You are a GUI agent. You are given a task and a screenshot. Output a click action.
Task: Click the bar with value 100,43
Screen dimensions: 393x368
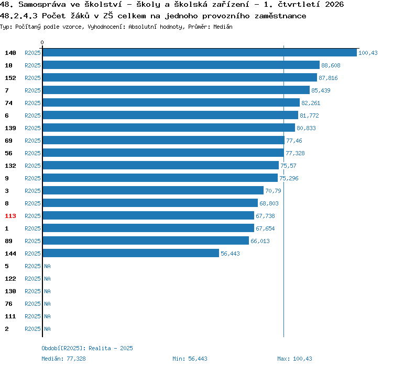[200, 52]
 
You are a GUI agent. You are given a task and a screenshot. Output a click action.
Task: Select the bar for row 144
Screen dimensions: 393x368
[131, 253]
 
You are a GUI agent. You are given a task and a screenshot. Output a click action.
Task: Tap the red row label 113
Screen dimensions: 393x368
[10, 216]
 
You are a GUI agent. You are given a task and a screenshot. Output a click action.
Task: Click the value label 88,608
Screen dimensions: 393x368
[331, 65]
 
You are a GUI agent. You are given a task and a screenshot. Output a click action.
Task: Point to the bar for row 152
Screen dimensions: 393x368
[180, 77]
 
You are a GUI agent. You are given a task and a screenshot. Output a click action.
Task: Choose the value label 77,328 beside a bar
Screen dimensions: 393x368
[295, 153]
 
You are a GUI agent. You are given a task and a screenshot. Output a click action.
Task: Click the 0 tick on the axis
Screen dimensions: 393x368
[42, 42]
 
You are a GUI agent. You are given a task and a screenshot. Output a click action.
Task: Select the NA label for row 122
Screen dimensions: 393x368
[47, 279]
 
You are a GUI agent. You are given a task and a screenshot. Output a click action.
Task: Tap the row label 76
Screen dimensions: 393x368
[8, 304]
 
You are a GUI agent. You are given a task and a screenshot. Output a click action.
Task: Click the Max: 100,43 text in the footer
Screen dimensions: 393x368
[294, 359]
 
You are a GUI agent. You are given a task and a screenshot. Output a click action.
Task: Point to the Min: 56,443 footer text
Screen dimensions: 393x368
[190, 359]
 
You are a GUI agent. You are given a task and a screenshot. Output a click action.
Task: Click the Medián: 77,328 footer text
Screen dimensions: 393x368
[63, 359]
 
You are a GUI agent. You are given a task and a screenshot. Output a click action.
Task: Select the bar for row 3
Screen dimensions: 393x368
[153, 190]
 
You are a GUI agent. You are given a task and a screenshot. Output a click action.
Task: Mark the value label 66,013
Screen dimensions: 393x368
[260, 241]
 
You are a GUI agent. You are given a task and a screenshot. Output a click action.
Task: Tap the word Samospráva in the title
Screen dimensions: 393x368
[42, 5]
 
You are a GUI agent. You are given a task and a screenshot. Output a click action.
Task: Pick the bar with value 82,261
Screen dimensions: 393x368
[171, 102]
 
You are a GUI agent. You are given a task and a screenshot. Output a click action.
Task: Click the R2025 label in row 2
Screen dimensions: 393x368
[32, 329]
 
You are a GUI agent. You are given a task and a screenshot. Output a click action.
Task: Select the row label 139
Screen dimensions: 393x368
[10, 128]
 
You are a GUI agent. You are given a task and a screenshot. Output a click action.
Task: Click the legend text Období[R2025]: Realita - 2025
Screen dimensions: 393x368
[87, 348]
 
